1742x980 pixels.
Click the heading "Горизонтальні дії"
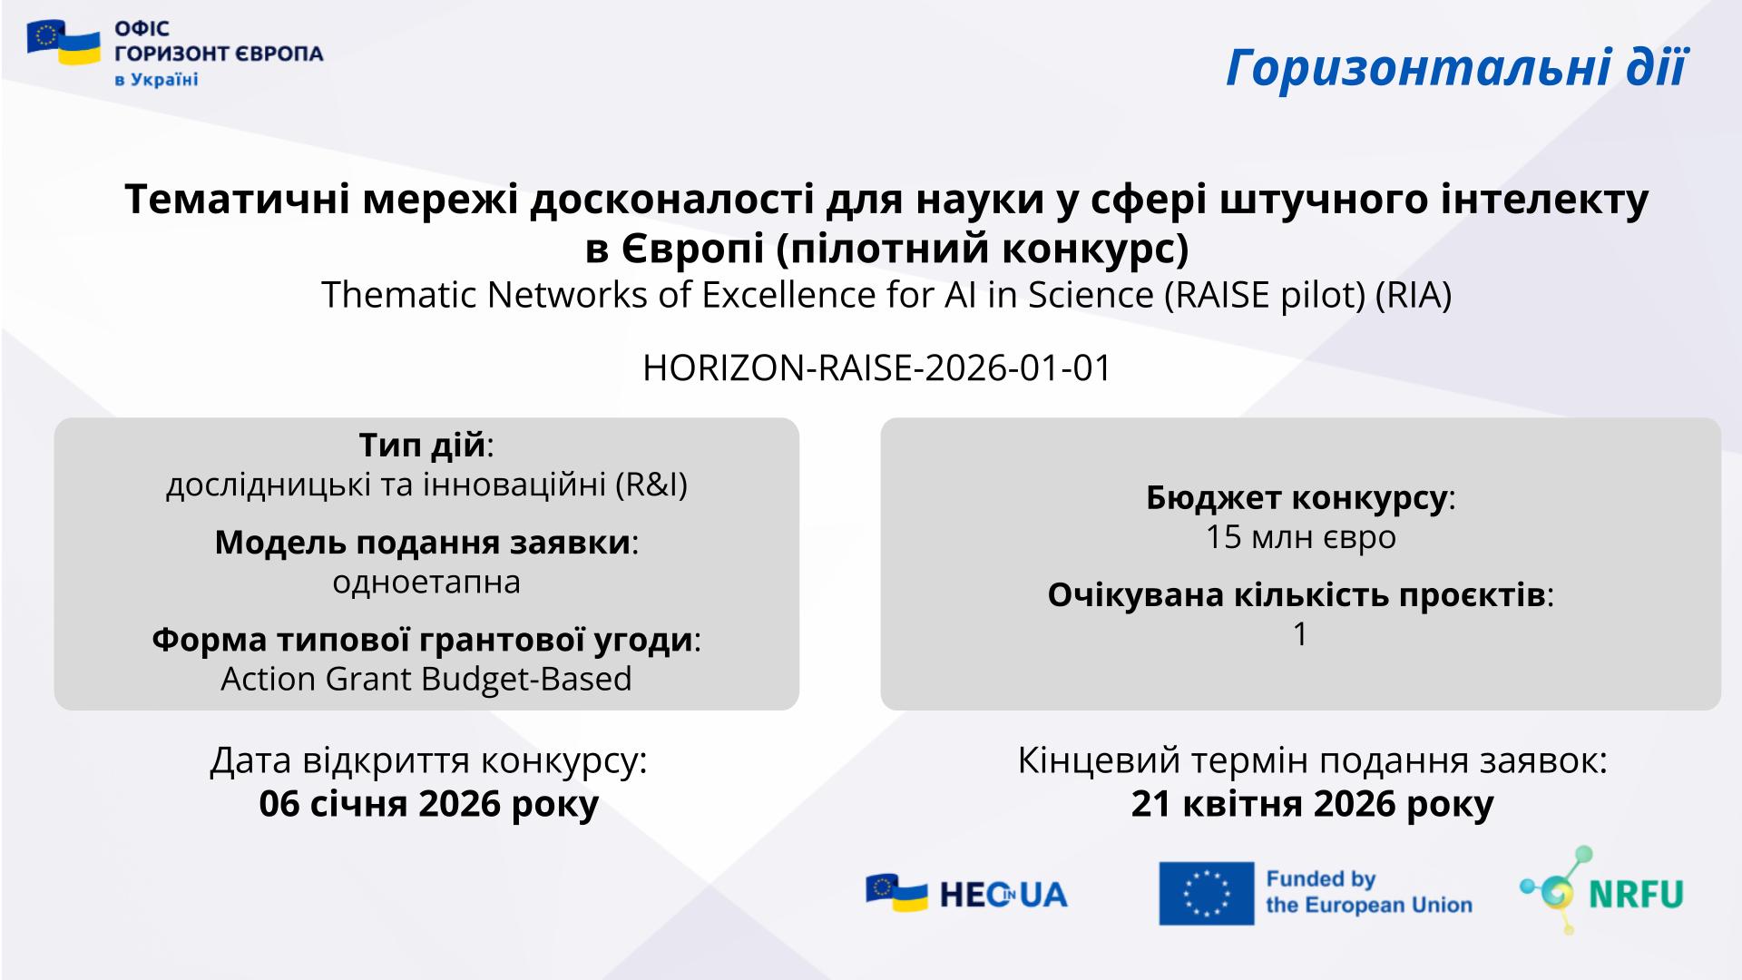tap(1456, 67)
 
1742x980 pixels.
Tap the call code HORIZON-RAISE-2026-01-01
tap(877, 368)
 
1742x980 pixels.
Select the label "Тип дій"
tap(423, 446)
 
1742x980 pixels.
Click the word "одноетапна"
tap(426, 582)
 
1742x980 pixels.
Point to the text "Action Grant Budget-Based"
tap(426, 679)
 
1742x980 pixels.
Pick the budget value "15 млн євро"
tap(1300, 537)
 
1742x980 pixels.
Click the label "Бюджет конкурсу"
tap(1296, 498)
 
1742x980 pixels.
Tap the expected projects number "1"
tap(1300, 634)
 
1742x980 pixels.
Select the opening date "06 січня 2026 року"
tap(429, 804)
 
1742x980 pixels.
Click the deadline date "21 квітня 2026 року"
tap(1312, 804)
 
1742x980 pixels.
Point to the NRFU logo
tap(1601, 890)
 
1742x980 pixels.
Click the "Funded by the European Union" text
tap(1369, 892)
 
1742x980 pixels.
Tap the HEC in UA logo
tap(967, 894)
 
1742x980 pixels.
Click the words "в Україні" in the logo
tap(156, 80)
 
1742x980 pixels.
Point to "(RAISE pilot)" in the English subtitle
tap(1265, 295)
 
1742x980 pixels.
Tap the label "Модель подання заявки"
tap(423, 543)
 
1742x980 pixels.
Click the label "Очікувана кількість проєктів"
tap(1296, 595)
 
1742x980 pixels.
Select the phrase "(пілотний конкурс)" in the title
tap(982, 249)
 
